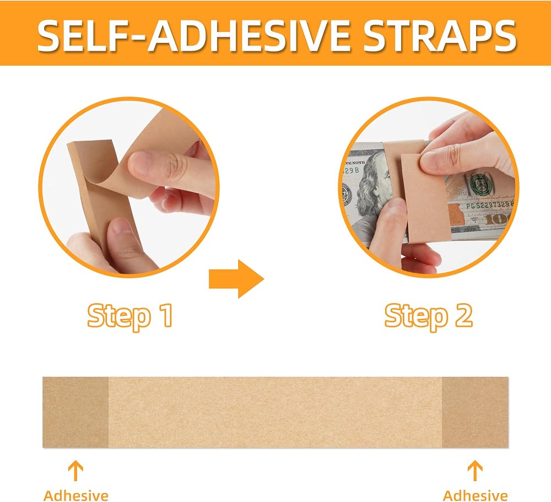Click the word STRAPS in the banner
pos(439,35)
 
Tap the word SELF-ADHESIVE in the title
pos(193,35)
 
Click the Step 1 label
pos(130,316)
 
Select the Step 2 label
pos(428,316)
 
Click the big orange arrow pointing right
pos(236,279)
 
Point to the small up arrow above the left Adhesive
pos(75,471)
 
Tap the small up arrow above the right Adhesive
pos(475,471)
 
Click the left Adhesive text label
pos(76,495)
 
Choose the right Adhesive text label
pos(475,495)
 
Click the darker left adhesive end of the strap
pos(75,412)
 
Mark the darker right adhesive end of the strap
pos(475,412)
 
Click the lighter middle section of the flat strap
pos(275,412)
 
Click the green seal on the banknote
pos(482,183)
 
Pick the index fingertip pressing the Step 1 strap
pos(144,164)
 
